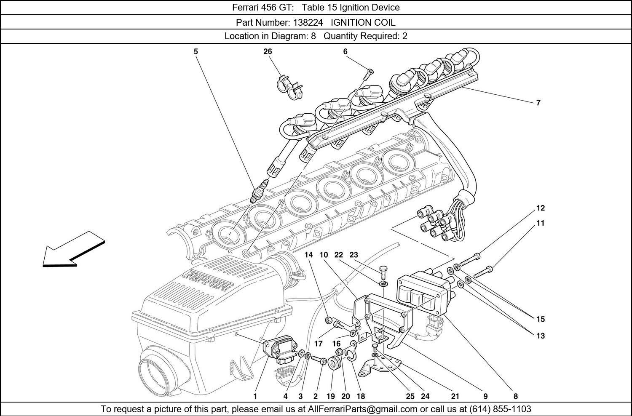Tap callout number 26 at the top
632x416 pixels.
pos(268,51)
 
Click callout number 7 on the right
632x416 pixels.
pos(538,102)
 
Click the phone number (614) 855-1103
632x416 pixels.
pos(501,409)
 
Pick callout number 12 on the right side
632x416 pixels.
pos(540,208)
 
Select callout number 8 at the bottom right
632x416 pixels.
pos(515,396)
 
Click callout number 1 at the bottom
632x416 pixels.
pos(255,396)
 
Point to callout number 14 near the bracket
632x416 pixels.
pos(309,255)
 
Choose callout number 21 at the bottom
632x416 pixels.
pos(455,396)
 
